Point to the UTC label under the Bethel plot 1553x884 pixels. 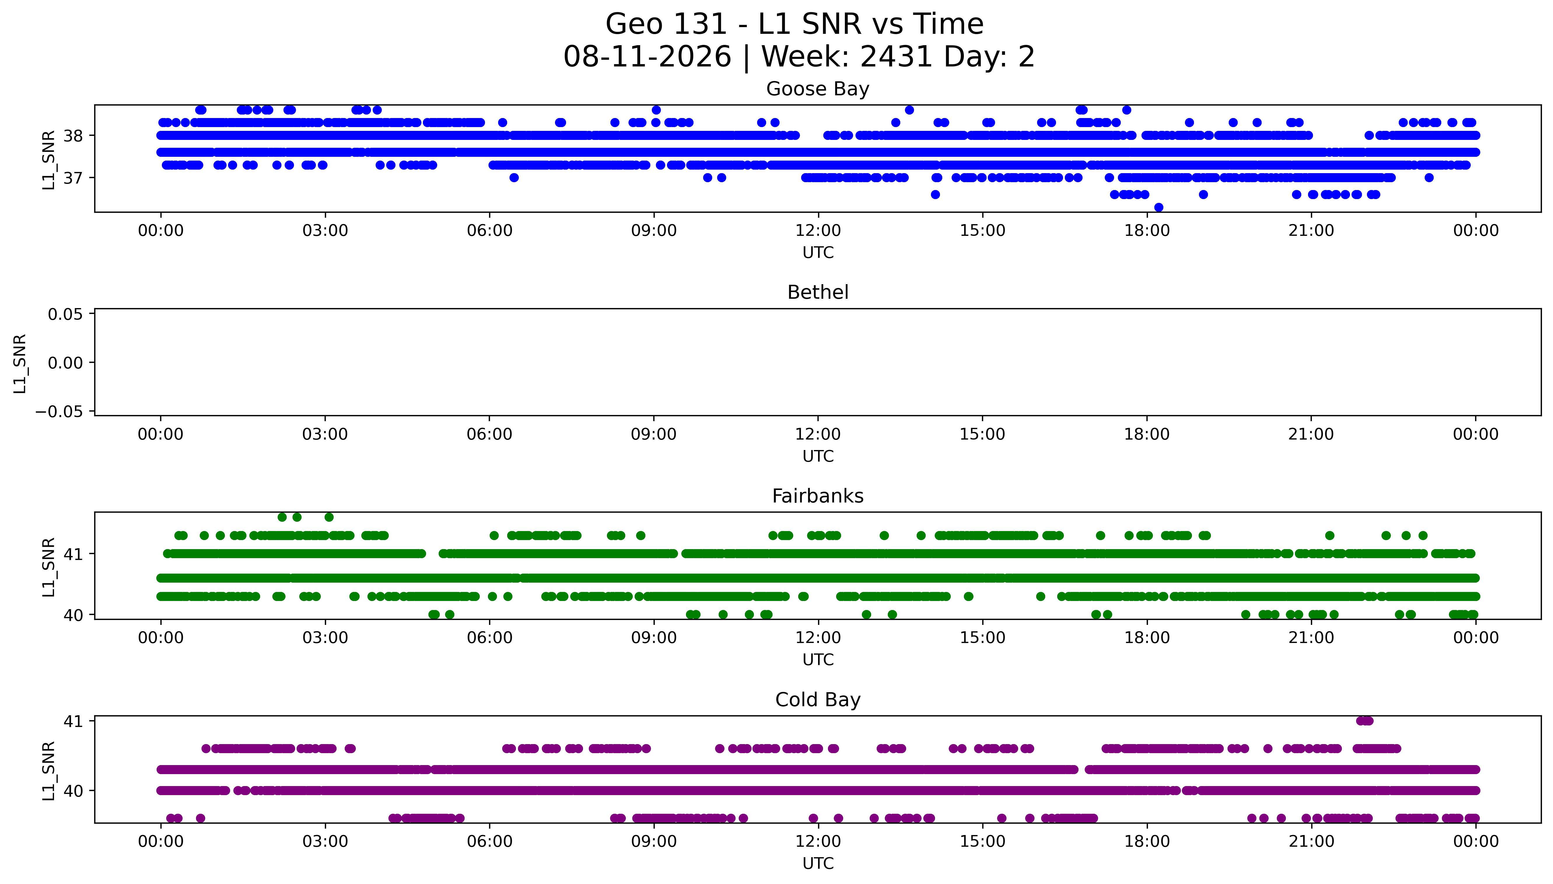[817, 456]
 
